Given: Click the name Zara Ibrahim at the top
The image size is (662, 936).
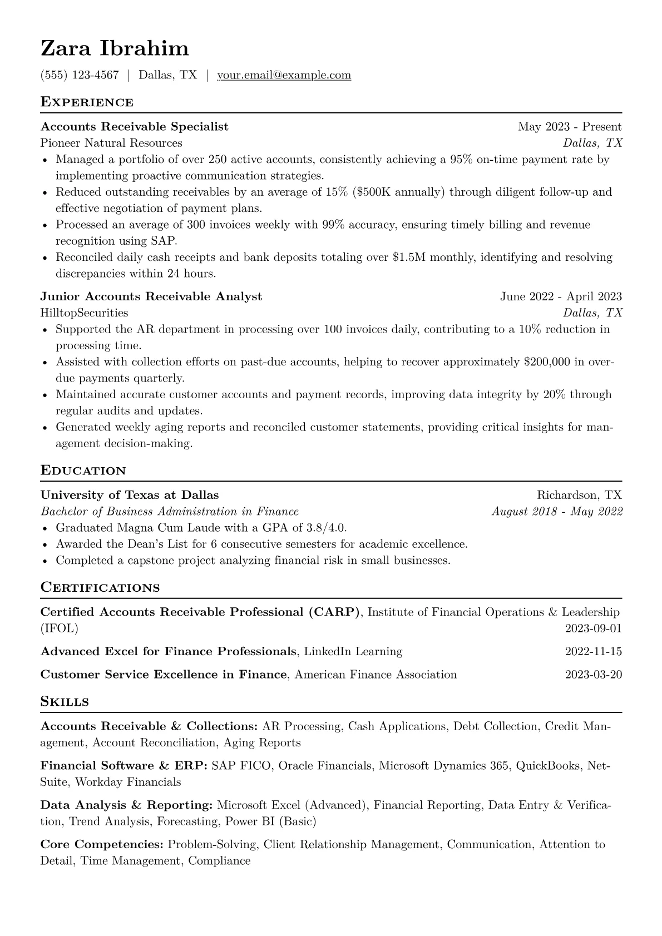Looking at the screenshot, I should pyautogui.click(x=115, y=48).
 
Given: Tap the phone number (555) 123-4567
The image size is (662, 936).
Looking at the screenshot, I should pyautogui.click(x=80, y=75).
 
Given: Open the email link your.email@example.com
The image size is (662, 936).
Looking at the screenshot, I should pyautogui.click(x=284, y=75).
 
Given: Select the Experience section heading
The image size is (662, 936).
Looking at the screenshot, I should pyautogui.click(x=87, y=102).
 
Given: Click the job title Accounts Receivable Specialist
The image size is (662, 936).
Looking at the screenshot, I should pyautogui.click(x=135, y=127).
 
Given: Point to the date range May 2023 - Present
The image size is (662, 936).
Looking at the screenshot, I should pyautogui.click(x=570, y=127).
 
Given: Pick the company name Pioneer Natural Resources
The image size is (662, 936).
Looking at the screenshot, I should pyautogui.click(x=111, y=143).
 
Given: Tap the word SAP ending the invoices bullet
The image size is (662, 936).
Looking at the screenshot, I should pyautogui.click(x=166, y=241).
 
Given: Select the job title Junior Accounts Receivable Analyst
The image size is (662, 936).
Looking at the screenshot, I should pyautogui.click(x=151, y=296).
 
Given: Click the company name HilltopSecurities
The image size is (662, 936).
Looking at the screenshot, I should pyautogui.click(x=84, y=313).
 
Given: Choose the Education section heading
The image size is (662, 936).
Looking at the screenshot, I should pyautogui.click(x=83, y=471).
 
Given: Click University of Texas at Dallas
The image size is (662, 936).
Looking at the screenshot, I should pyautogui.click(x=130, y=495).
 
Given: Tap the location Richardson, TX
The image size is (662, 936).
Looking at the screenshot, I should pyautogui.click(x=579, y=495).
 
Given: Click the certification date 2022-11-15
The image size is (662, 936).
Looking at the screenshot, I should pyautogui.click(x=593, y=651).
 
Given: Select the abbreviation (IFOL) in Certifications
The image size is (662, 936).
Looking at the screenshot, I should pyautogui.click(x=60, y=628).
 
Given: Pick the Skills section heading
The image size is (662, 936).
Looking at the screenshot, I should pyautogui.click(x=65, y=702).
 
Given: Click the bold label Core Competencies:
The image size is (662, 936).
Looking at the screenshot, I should pyautogui.click(x=102, y=845).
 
